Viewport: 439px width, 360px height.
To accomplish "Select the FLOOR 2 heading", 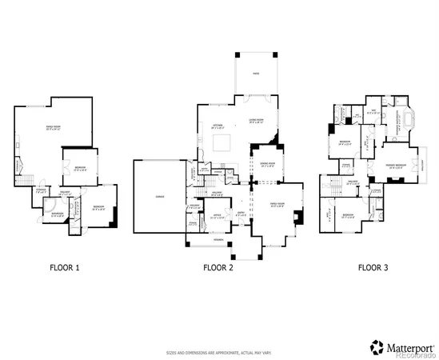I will click(218, 267).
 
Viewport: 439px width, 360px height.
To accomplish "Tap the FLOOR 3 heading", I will click(373, 267).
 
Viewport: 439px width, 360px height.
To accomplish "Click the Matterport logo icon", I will click(376, 346).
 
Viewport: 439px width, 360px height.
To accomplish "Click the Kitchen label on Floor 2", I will click(216, 125).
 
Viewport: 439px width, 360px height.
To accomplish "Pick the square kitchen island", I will click(220, 143).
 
